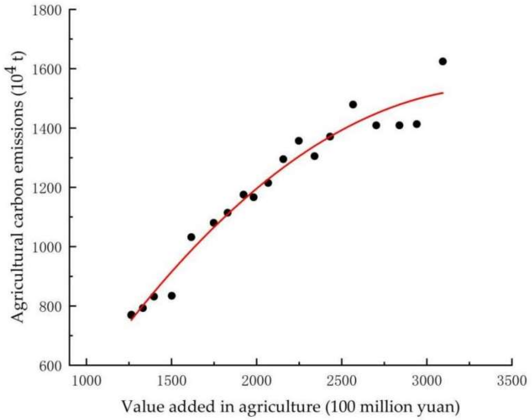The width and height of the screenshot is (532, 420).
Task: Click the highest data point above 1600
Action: [443, 61]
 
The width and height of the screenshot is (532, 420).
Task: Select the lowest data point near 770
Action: [131, 315]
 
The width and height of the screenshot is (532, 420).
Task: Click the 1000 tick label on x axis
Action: [86, 381]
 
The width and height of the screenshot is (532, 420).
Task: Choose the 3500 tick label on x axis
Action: [511, 381]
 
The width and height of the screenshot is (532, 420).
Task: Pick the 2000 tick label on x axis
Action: [256, 381]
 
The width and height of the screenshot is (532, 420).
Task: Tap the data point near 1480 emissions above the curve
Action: [353, 104]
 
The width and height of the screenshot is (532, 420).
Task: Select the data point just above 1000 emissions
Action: [191, 237]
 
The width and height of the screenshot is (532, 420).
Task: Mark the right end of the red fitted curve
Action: [443, 93]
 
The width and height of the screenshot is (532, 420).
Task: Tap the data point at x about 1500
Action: [172, 296]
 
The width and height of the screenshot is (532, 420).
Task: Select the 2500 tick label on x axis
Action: [341, 381]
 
